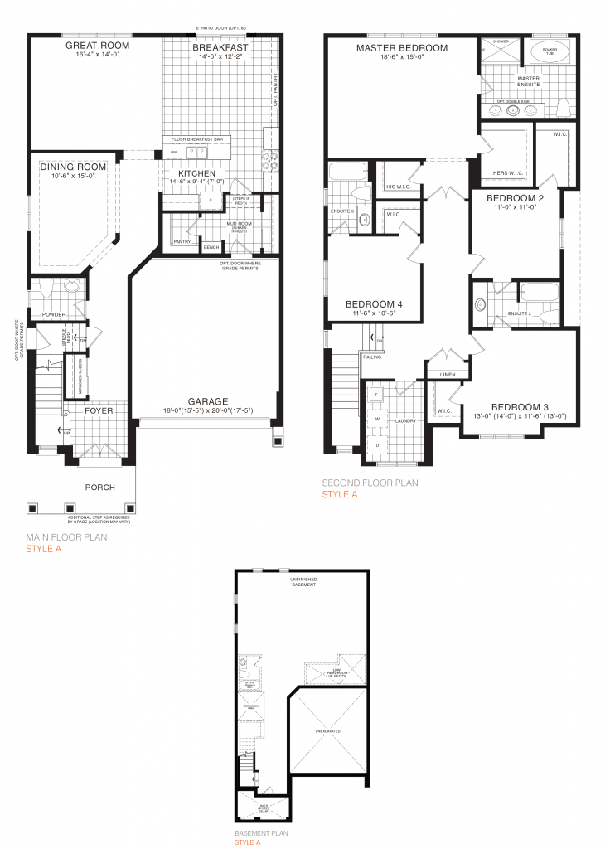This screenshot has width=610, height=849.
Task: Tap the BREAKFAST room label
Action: tap(220, 48)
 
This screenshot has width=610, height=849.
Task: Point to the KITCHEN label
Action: tap(197, 173)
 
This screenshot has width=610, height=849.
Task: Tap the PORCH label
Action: tap(101, 487)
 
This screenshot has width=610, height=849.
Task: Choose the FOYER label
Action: tap(98, 410)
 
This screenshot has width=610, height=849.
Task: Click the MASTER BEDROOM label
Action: tap(402, 48)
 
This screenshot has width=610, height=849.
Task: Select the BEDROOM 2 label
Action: tap(515, 199)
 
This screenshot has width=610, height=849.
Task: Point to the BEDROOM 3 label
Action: tap(520, 406)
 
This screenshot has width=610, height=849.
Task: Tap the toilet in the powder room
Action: tap(45, 289)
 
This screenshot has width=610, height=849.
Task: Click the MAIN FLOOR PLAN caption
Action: tap(65, 537)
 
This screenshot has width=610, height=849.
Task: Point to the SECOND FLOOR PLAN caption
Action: tap(370, 483)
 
